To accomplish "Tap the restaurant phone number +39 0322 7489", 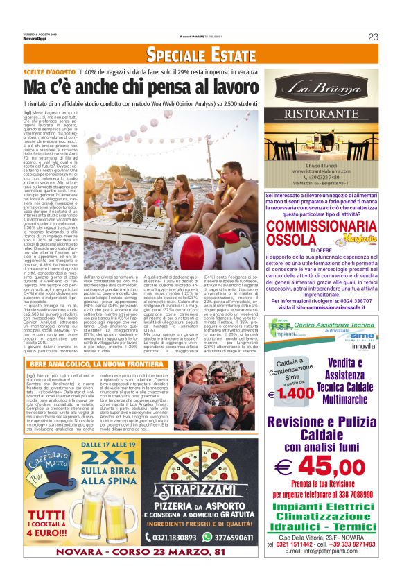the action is (322, 178).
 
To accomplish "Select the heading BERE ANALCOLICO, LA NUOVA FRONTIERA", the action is (96, 364).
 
